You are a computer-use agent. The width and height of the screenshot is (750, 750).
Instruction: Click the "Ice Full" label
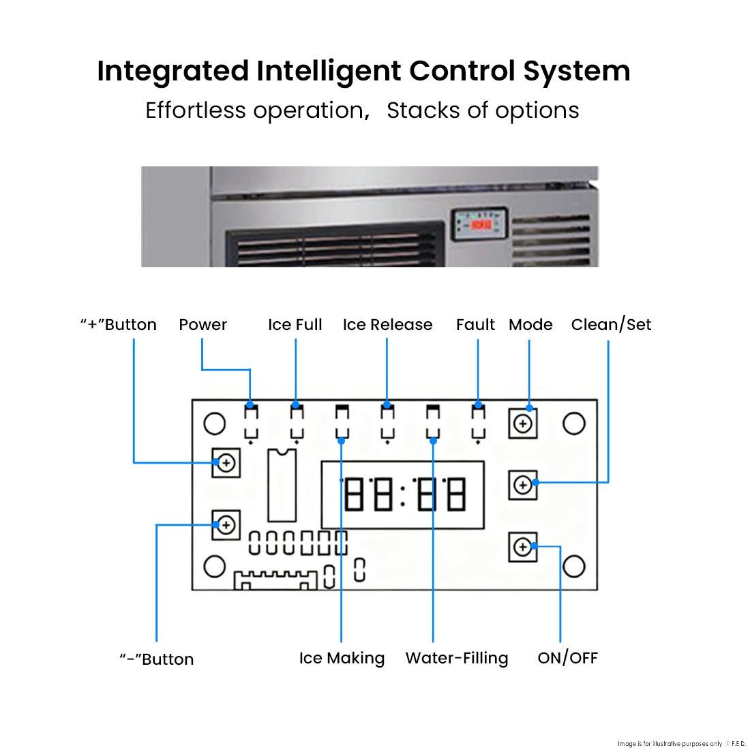295,325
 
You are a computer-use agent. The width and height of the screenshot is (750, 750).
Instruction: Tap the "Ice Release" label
387,325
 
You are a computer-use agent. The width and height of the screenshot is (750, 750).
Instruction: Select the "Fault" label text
475,325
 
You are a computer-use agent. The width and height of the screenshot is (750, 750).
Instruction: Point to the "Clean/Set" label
611,325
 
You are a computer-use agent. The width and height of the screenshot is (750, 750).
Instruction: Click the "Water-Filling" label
457,658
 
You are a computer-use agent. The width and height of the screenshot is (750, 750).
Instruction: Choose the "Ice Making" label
342,658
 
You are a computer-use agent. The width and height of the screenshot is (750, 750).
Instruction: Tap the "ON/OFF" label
567,658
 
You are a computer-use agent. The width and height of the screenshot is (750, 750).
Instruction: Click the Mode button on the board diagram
523,424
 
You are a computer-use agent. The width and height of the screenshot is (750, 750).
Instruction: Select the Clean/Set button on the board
523,485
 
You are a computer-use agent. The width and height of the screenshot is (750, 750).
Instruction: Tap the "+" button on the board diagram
226,463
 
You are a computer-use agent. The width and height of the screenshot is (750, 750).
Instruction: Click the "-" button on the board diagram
226,524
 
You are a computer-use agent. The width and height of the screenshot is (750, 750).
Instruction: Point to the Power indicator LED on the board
252,415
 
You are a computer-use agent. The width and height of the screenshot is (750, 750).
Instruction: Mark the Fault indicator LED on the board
479,415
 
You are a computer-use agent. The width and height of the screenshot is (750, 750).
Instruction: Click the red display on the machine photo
481,224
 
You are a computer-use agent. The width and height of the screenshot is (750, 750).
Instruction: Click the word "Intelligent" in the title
329,71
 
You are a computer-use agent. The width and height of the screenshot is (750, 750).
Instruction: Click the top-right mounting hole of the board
574,423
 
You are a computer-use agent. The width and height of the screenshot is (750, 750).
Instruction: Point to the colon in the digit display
403,495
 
